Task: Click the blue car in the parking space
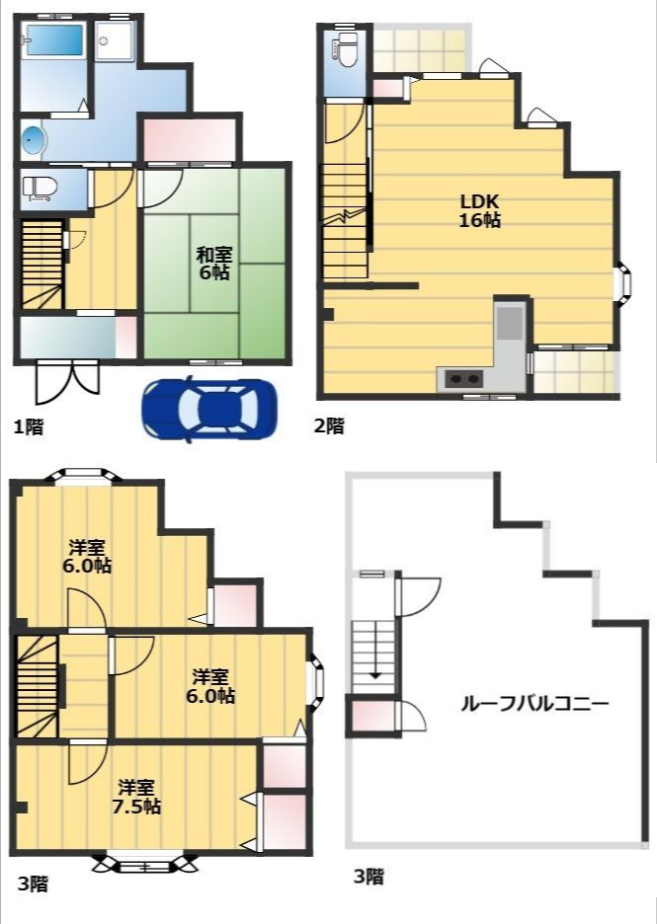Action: (x=209, y=409)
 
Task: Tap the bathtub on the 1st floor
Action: (x=53, y=40)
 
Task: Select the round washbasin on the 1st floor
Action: (x=33, y=140)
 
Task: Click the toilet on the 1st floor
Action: (x=40, y=188)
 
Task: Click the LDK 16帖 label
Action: (x=480, y=210)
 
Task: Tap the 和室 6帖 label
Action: (x=213, y=263)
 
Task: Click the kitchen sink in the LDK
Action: (x=510, y=323)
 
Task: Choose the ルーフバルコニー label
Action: (x=534, y=704)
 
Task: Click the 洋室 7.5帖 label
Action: (x=136, y=796)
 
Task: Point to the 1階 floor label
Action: (x=29, y=426)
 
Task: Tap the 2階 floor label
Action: (x=329, y=424)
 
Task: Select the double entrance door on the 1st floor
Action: (x=68, y=381)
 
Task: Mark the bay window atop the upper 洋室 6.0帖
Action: (x=85, y=476)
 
